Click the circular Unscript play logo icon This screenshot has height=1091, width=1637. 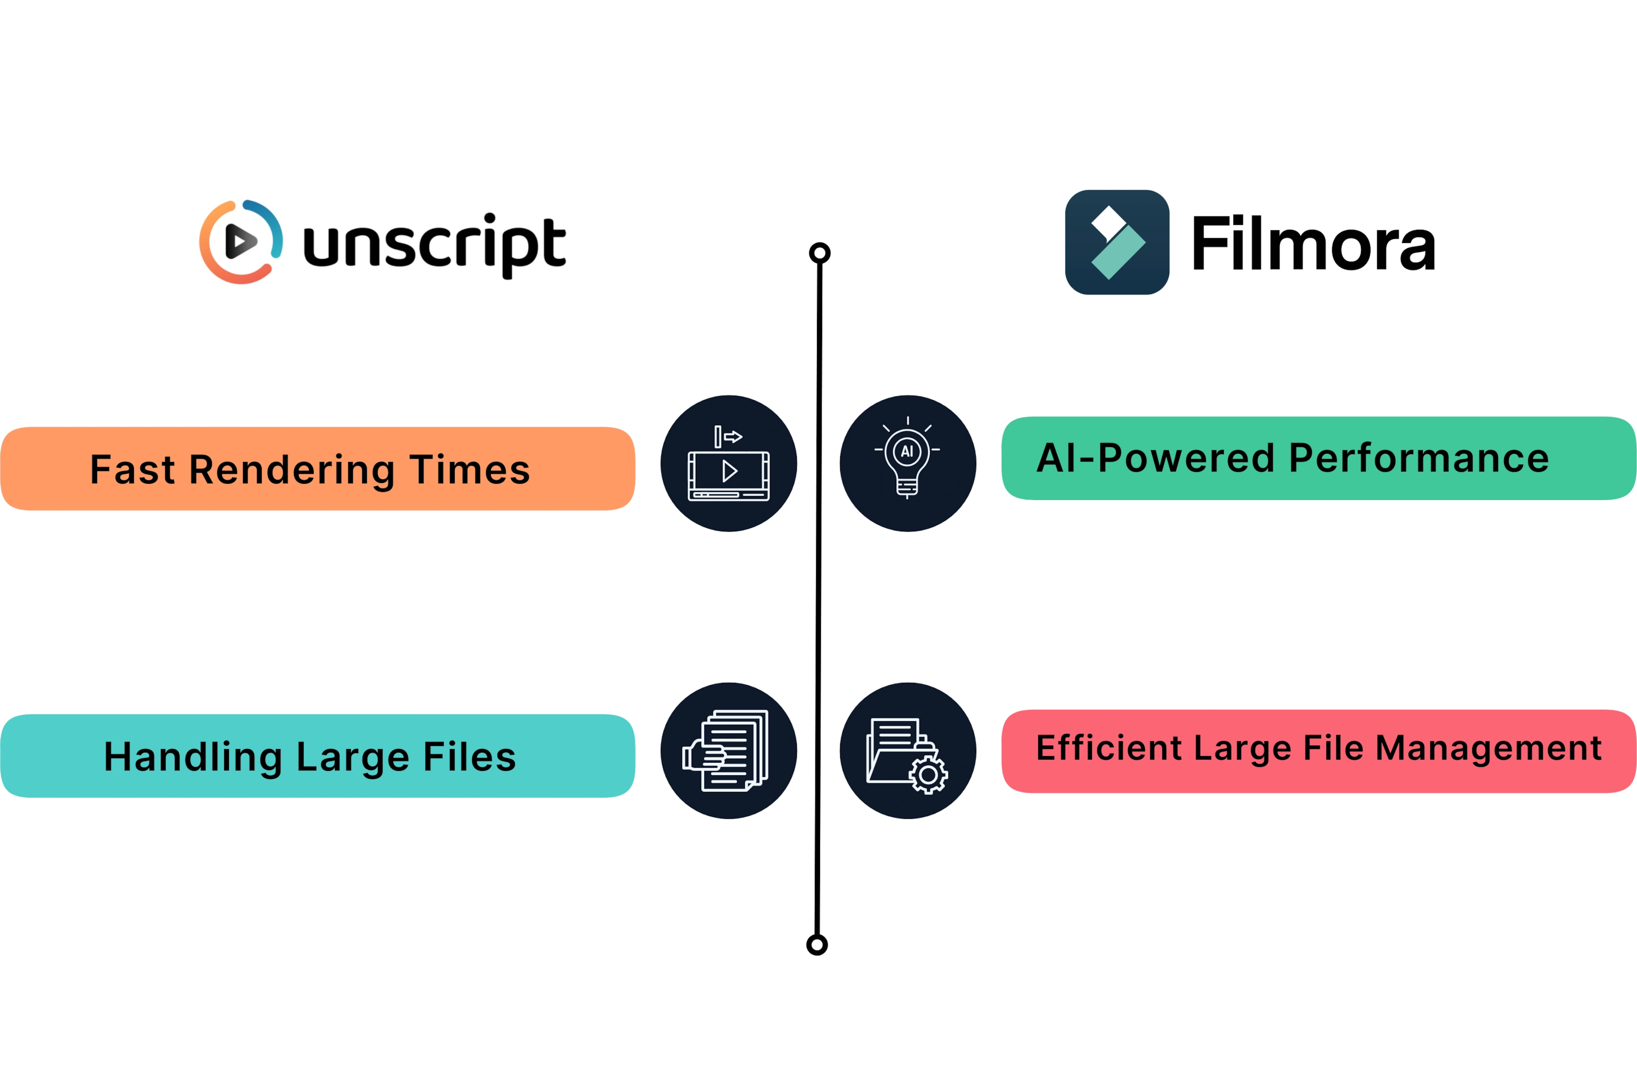coord(241,241)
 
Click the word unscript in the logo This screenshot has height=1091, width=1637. coord(435,245)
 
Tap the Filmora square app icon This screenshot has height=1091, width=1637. coord(1117,242)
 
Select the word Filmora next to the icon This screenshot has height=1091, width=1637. coord(1313,243)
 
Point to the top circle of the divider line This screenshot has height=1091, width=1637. coord(820,253)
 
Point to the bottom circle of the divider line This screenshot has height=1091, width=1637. coord(817,945)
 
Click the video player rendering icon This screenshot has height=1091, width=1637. coord(729,463)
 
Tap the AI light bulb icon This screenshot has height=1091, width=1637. coord(907,463)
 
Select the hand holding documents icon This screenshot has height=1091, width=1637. coord(729,751)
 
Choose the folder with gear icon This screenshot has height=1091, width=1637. coord(907,751)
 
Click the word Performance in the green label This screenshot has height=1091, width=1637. coord(1419,459)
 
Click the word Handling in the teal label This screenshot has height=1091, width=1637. coord(193,758)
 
